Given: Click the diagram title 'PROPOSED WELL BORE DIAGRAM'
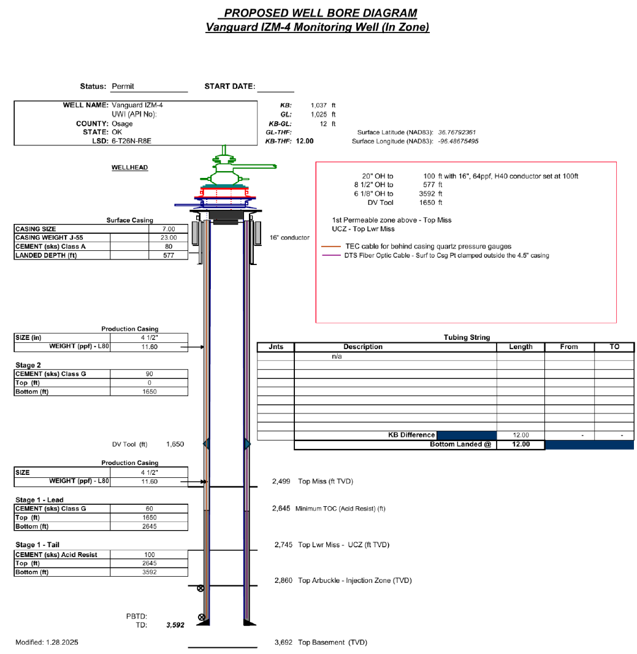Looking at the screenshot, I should (320, 13).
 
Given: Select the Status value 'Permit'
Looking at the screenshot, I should (123, 87).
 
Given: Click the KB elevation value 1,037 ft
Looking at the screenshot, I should (323, 106).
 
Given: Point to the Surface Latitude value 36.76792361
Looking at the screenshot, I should (457, 132).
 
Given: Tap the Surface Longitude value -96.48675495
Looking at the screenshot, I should (459, 141).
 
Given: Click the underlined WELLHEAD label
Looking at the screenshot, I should (129, 167).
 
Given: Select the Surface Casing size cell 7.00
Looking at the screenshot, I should (169, 229).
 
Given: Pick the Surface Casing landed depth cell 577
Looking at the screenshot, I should (169, 255).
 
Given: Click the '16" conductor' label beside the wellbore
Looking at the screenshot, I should (289, 237).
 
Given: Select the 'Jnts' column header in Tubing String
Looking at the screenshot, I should (276, 347).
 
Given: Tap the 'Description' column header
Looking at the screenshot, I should (363, 347).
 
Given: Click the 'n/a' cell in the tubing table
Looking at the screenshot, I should (337, 356).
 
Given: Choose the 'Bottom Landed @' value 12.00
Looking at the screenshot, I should (521, 444).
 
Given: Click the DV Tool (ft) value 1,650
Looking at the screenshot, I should (175, 444).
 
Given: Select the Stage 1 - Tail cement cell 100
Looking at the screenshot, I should (149, 555).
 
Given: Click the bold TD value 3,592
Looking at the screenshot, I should (175, 626).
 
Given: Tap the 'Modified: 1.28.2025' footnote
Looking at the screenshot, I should (47, 642).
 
